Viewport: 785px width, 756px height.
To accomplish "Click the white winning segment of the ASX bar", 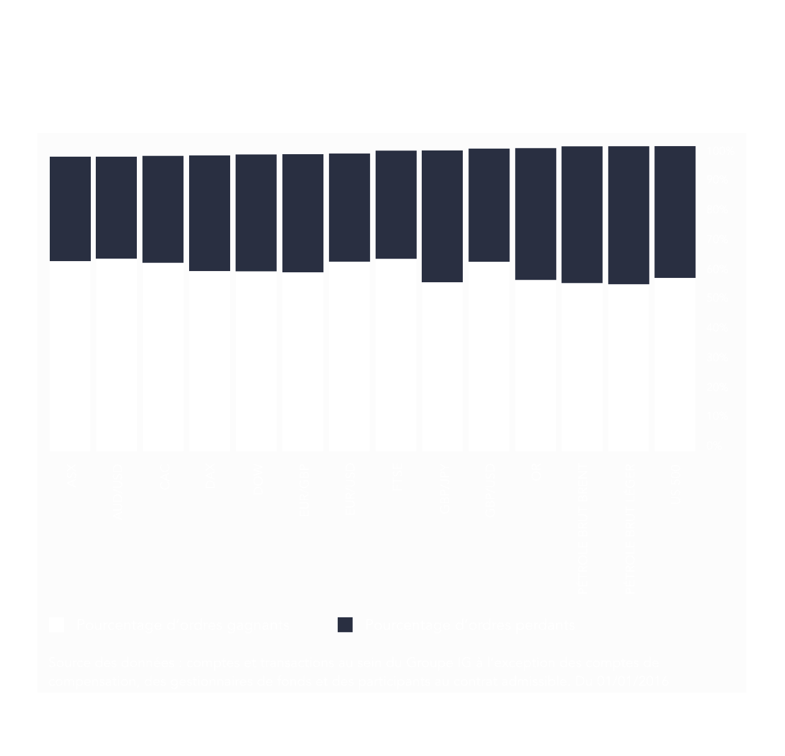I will click(70, 356).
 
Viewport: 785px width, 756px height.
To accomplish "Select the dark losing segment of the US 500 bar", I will click(675, 211).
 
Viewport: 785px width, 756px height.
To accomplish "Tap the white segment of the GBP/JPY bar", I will click(442, 366).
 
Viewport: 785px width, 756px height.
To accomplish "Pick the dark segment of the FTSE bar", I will click(396, 204).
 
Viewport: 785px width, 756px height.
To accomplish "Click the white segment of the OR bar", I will click(536, 365).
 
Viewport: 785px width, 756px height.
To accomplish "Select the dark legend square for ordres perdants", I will click(345, 625).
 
